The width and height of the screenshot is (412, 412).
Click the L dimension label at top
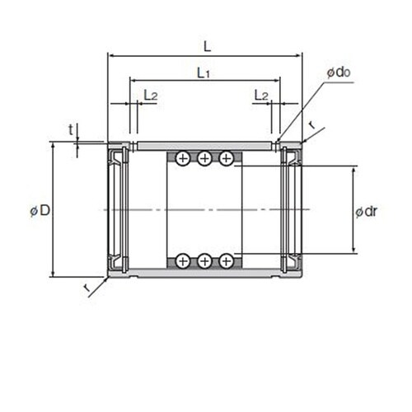(208, 46)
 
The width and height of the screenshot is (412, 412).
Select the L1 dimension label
(204, 73)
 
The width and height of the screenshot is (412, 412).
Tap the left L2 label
(151, 95)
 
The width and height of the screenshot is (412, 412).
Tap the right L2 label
(261, 95)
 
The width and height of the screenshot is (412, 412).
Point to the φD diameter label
(40, 211)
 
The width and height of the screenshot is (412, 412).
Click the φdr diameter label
(367, 212)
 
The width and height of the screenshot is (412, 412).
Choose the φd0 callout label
(339, 73)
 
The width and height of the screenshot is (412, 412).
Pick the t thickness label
(71, 129)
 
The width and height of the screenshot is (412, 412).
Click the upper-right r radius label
(312, 125)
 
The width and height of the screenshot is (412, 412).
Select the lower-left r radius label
(87, 288)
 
